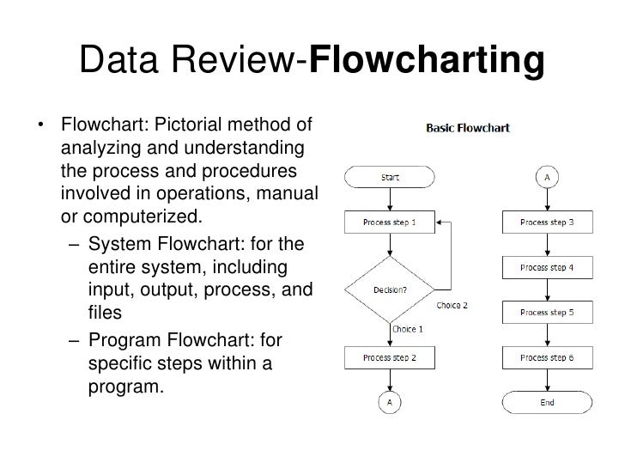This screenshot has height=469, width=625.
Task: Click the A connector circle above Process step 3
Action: click(547, 178)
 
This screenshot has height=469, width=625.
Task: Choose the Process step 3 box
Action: click(547, 222)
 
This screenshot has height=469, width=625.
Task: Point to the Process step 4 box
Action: click(547, 266)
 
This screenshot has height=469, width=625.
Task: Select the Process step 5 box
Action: click(547, 311)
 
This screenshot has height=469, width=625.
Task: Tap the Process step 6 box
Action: click(547, 356)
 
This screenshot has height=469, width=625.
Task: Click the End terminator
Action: click(547, 401)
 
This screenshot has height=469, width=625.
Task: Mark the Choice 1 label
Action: click(408, 328)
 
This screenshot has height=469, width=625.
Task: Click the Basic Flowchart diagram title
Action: click(468, 130)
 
